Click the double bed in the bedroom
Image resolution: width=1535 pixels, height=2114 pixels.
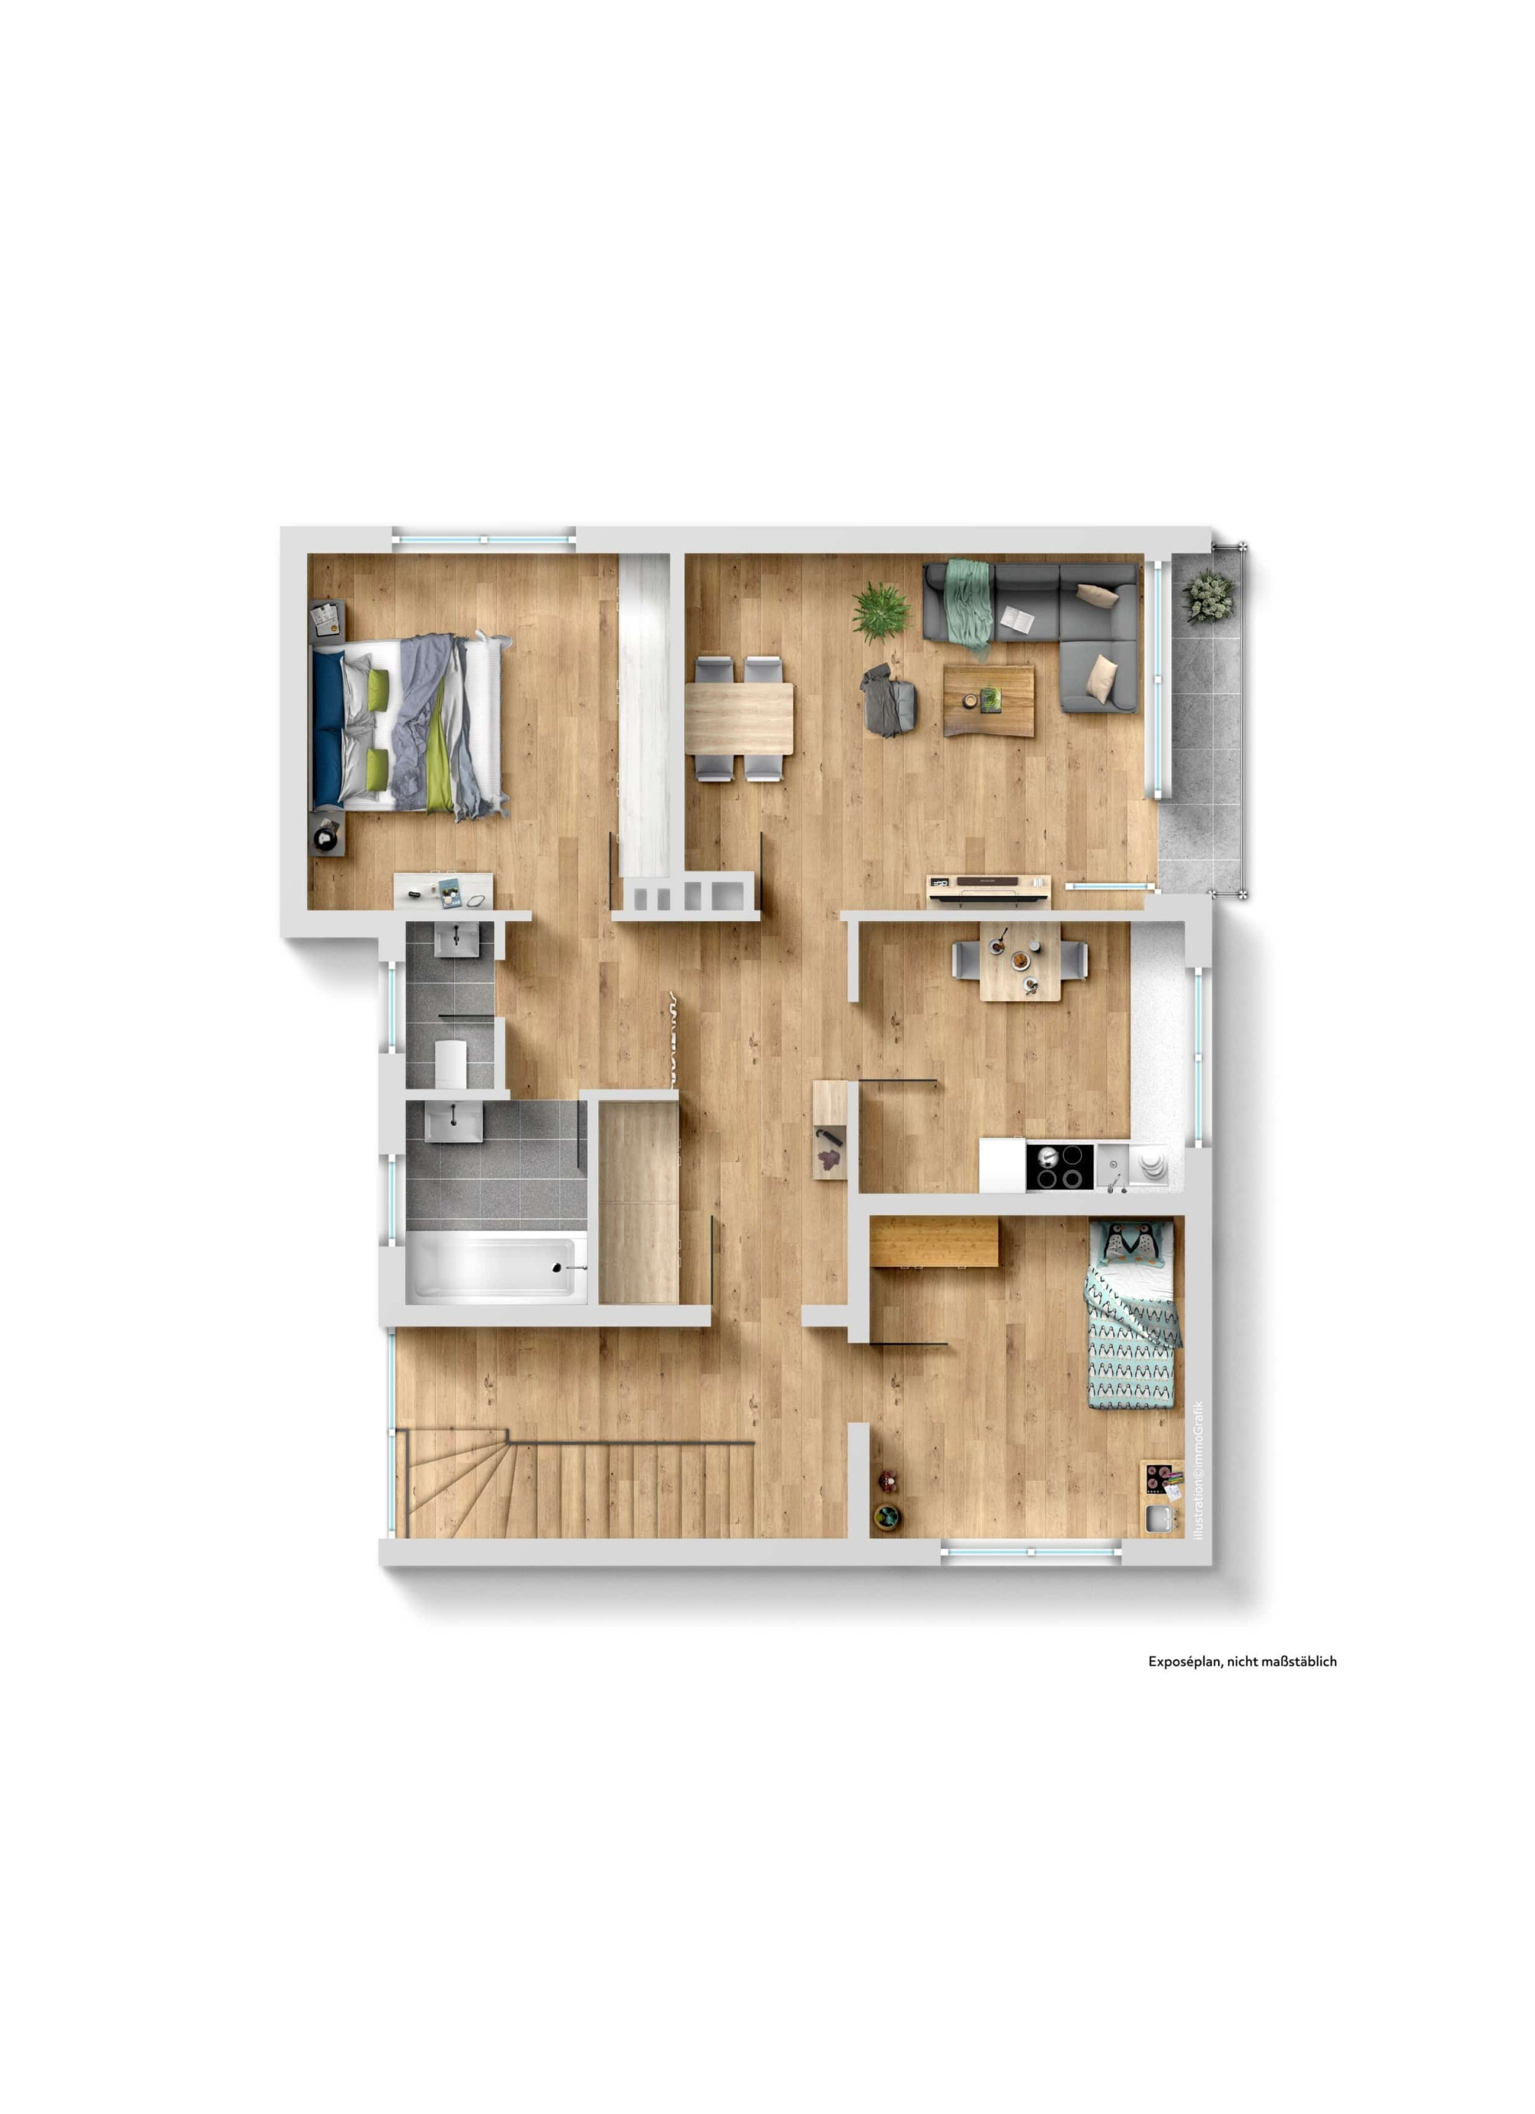409,726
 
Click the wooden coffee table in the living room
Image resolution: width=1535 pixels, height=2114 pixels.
988,699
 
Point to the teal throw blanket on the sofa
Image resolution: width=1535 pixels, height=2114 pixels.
969,604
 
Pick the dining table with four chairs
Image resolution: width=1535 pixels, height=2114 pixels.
739,718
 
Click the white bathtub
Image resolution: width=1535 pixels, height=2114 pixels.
497,1265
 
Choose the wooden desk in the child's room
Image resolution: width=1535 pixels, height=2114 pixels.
934,1243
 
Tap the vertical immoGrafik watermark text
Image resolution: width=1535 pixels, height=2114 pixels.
1199,1471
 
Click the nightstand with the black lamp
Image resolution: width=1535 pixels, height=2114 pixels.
326,832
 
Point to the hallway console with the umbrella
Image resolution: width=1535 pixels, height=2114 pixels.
830,1130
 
